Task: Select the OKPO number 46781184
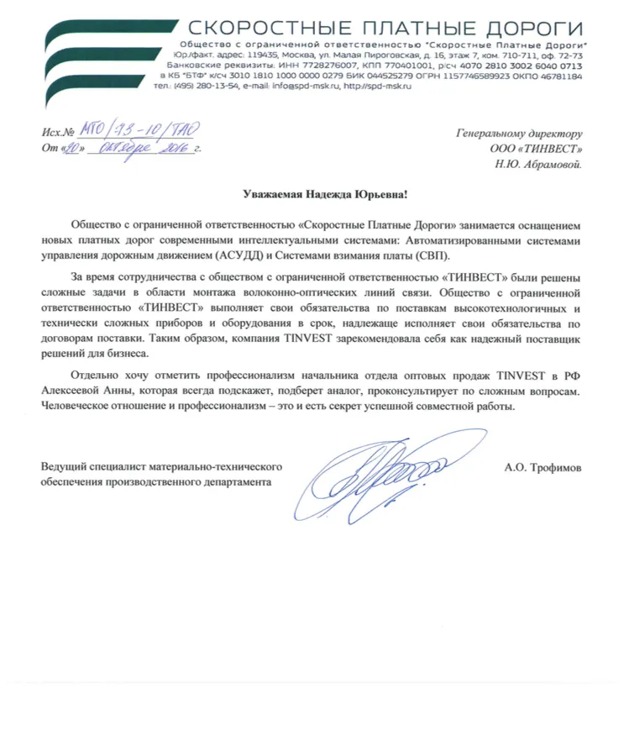554,75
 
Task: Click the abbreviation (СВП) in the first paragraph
432,255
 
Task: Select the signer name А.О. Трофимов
543,467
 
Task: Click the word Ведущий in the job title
64,467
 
